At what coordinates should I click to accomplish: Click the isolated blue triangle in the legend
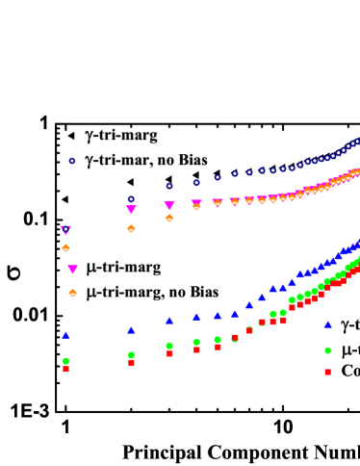tap(327, 324)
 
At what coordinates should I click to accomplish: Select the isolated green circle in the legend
tap(327, 350)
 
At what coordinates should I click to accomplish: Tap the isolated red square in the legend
tap(327, 372)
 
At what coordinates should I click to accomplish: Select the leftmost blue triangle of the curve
tap(65, 335)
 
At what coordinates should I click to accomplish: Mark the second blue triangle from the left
tap(131, 330)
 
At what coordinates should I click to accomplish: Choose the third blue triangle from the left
tap(169, 321)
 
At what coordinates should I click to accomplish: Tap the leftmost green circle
tap(65, 361)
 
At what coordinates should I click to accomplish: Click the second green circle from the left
tap(131, 355)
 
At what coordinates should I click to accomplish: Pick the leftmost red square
tap(65, 369)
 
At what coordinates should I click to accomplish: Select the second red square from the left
tap(131, 362)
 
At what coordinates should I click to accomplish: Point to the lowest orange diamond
tap(72, 293)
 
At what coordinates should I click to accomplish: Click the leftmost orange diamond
tap(65, 247)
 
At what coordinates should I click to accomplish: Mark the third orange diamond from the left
tap(131, 228)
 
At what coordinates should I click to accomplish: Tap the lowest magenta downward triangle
tap(72, 270)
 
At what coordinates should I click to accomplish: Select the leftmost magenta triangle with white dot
tap(65, 230)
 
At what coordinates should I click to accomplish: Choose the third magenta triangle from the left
tap(131, 209)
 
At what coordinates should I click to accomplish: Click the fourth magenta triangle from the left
tap(169, 205)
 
